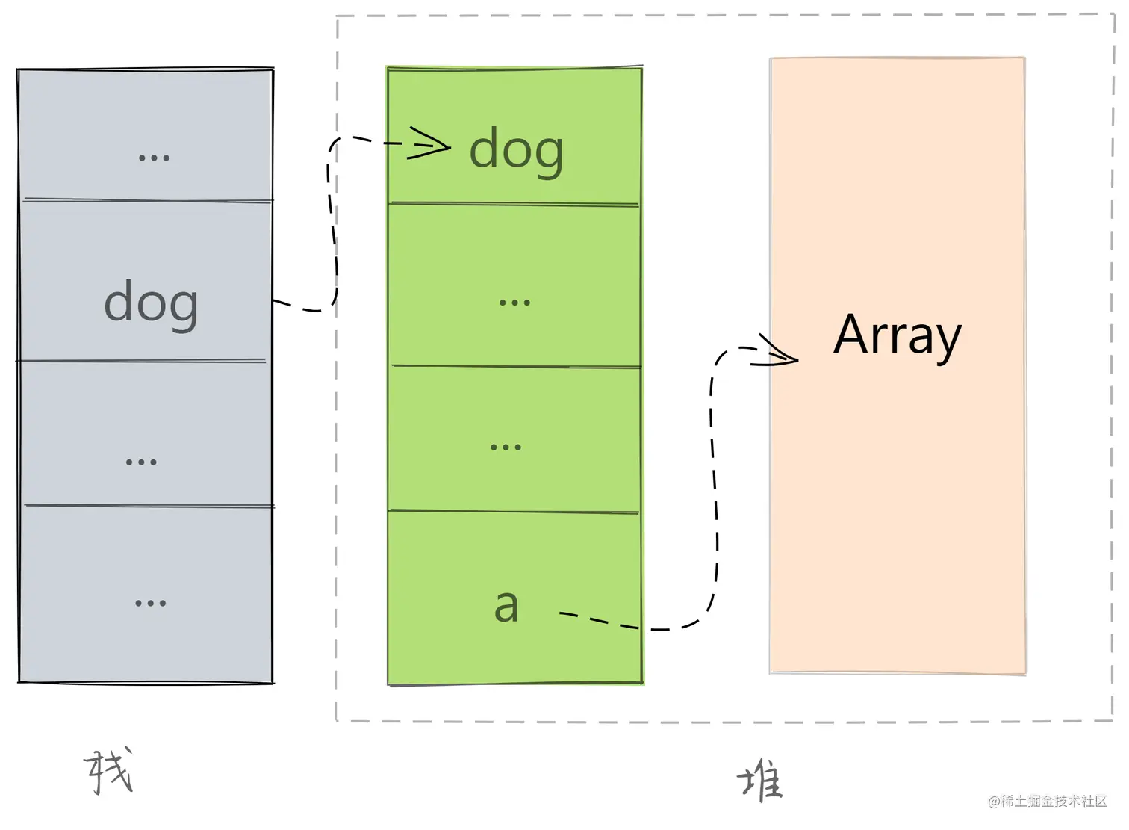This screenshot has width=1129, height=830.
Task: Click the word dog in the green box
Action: [x=516, y=149]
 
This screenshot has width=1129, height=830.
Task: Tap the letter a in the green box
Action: [x=506, y=605]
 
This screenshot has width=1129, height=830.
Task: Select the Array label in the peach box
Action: [x=897, y=335]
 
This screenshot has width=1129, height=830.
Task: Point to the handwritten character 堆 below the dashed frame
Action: [x=760, y=781]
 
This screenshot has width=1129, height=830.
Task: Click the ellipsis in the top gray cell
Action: [x=154, y=158]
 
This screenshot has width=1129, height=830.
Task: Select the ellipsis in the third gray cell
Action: [x=141, y=462]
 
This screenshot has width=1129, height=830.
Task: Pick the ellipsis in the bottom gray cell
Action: [x=150, y=603]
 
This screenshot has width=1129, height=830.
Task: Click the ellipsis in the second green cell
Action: [x=514, y=303]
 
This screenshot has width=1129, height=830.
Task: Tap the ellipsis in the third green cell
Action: [x=506, y=447]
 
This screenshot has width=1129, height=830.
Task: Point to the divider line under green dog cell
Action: [x=514, y=203]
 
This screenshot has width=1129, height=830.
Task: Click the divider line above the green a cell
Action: [x=514, y=512]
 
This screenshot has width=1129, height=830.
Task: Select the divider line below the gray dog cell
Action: [x=142, y=362]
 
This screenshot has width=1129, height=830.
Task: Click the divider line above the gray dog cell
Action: [x=146, y=200]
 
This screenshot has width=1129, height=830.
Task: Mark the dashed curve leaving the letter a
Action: [x=714, y=486]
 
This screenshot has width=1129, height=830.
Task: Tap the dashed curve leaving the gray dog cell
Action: [x=331, y=224]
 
